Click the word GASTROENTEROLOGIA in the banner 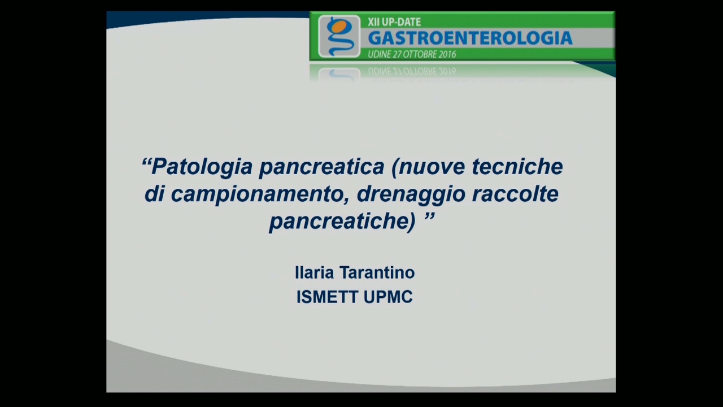(471, 38)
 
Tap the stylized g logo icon (339, 37)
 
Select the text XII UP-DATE (394, 22)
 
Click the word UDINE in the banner (379, 54)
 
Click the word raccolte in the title (515, 194)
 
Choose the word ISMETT (327, 297)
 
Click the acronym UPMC (388, 297)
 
